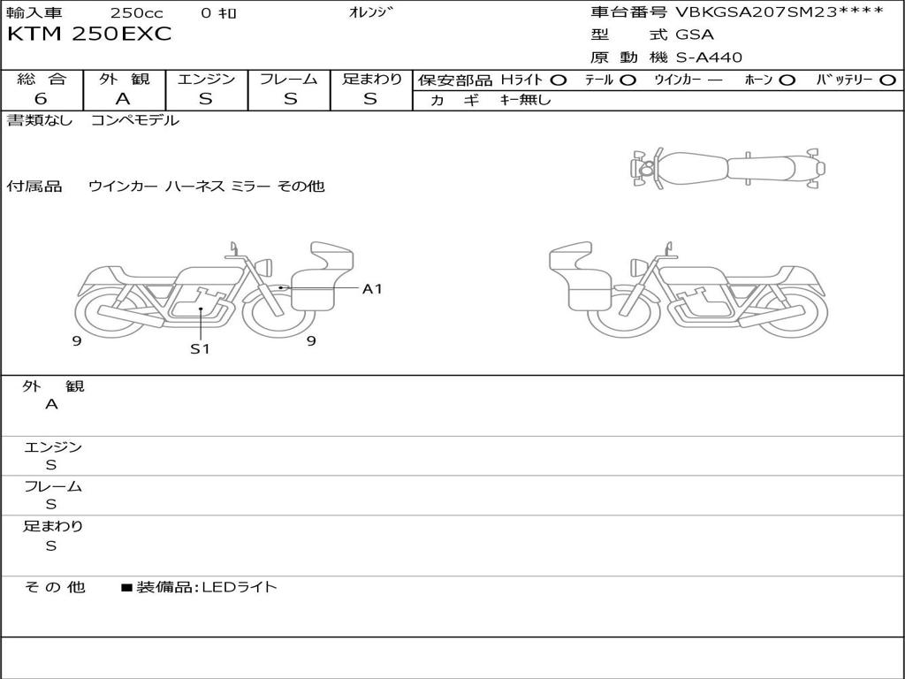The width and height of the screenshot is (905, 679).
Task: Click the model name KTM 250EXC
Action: click(x=89, y=34)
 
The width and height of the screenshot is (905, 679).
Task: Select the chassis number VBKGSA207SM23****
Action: click(x=780, y=12)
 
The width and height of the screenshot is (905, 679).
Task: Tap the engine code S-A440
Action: click(x=709, y=57)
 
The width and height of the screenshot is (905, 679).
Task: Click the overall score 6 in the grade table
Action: click(x=41, y=99)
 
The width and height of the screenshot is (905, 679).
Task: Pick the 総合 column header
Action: click(x=42, y=79)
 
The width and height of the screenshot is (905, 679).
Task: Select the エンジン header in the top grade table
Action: click(x=206, y=79)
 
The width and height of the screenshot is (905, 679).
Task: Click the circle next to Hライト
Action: click(x=559, y=80)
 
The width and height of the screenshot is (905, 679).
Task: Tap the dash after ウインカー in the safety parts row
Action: click(x=715, y=80)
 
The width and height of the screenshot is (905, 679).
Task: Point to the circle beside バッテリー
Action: click(x=888, y=80)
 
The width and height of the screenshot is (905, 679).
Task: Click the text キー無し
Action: click(x=525, y=100)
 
